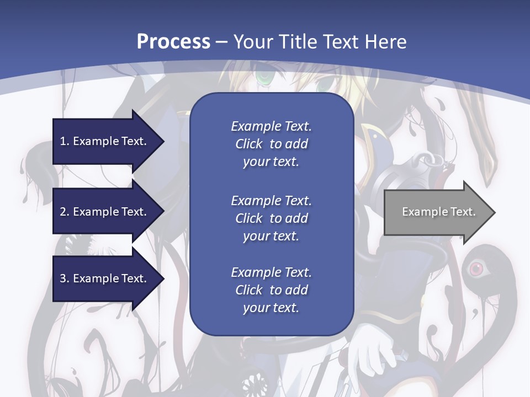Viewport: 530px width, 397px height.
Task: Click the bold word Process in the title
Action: (x=173, y=41)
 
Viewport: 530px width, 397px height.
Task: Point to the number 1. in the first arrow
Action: (x=65, y=141)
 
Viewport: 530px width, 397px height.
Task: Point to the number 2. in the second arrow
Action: (x=65, y=212)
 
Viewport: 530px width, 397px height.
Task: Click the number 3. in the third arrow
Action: (x=65, y=278)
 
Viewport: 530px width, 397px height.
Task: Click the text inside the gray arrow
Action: (x=438, y=212)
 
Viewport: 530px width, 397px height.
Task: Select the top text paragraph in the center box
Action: (x=271, y=144)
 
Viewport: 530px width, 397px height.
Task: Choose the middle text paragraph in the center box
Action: (x=271, y=218)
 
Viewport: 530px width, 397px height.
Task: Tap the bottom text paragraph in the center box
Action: (x=271, y=290)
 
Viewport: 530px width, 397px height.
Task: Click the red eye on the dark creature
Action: (x=475, y=269)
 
